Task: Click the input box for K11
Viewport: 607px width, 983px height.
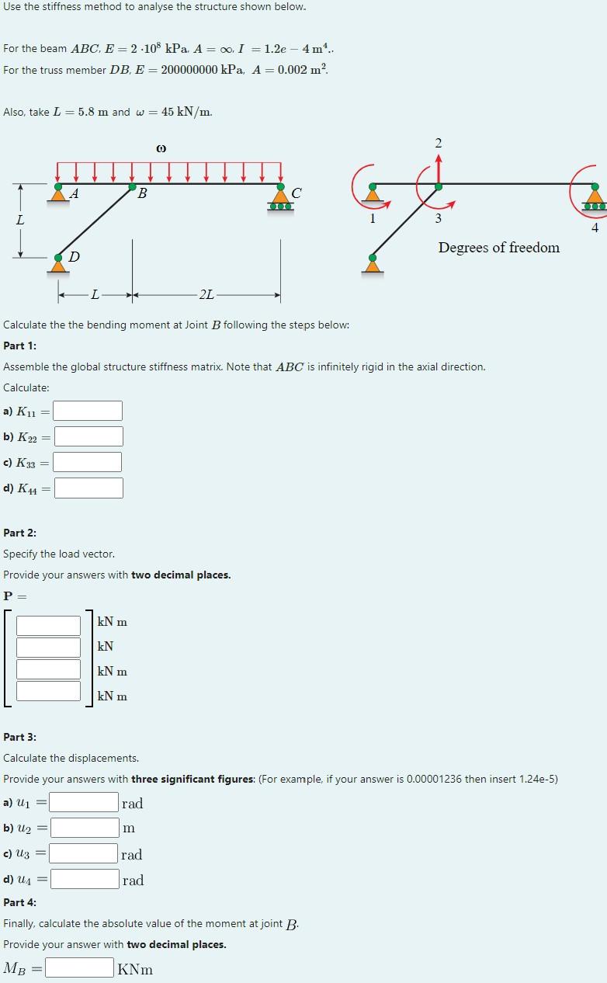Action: click(x=88, y=411)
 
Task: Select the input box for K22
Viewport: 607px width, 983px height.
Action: click(x=88, y=436)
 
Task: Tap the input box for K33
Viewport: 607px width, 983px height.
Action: click(x=87, y=462)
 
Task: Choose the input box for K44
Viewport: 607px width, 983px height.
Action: click(x=88, y=488)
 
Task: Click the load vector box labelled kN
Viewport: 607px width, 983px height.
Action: click(x=49, y=647)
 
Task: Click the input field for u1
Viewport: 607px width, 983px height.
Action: click(x=85, y=802)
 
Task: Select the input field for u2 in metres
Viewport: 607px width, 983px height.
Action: click(x=85, y=828)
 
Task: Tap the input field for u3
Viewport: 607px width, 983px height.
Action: click(x=85, y=854)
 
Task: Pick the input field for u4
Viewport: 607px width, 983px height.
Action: click(x=85, y=879)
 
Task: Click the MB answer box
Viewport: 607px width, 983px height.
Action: click(x=80, y=967)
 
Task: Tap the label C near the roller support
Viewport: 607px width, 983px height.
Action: click(x=297, y=192)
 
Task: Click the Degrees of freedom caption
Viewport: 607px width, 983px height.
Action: click(x=498, y=248)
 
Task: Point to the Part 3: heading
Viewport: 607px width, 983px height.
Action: click(x=20, y=737)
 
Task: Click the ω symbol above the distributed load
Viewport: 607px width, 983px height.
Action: click(x=161, y=148)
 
